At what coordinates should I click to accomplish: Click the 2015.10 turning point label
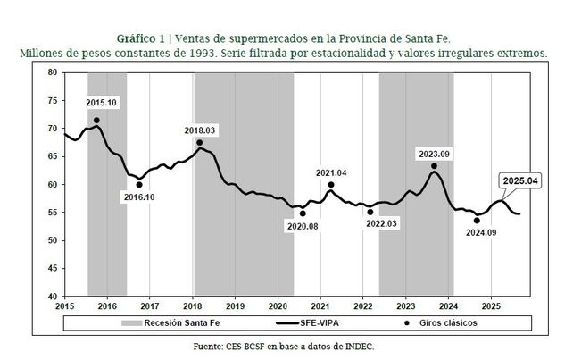[x=101, y=104]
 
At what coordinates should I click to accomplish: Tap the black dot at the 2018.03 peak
[x=199, y=142]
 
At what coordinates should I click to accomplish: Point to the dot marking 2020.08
[x=303, y=213]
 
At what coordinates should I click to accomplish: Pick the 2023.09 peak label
[x=434, y=154]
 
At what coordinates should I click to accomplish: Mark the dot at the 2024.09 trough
[x=477, y=220]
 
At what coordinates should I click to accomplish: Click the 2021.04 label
[x=331, y=172]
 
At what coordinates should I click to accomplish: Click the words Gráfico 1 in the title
[x=142, y=38]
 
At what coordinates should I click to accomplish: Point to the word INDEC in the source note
[x=354, y=346]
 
